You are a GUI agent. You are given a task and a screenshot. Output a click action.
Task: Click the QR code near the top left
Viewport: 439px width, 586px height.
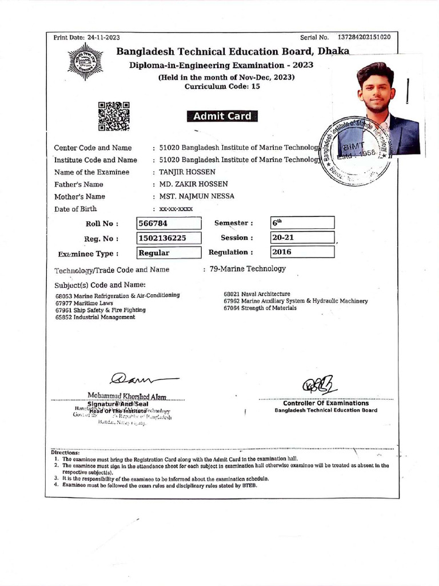[114, 116]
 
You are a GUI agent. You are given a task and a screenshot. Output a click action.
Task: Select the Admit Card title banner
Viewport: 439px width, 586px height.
[222, 116]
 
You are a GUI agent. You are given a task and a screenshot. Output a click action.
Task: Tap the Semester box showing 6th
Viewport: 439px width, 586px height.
[302, 223]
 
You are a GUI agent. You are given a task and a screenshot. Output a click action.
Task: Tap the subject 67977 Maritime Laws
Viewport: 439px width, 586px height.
[84, 303]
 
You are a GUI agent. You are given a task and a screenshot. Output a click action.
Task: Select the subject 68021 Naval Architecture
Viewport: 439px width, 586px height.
[257, 294]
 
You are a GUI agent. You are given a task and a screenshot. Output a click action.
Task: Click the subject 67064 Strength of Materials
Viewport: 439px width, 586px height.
[260, 308]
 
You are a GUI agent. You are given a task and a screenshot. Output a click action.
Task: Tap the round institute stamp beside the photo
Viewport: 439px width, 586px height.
[356, 148]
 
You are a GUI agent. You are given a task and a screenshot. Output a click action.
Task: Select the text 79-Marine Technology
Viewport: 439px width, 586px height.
[248, 268]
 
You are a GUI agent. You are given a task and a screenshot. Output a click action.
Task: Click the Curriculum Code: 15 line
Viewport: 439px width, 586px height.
[222, 86]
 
